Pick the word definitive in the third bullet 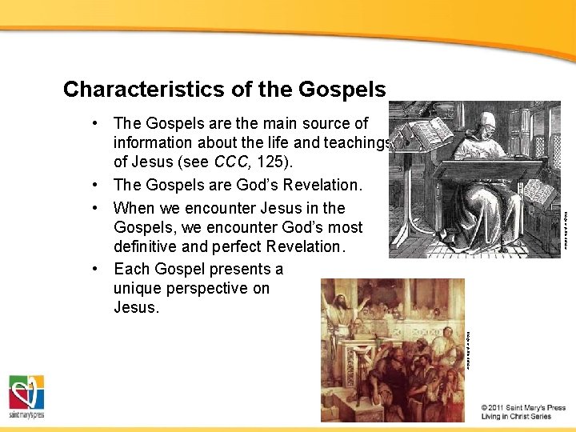[x=150, y=246]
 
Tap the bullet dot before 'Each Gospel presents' [x=95, y=269]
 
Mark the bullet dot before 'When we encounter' [x=95, y=208]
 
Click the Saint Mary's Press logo [x=26, y=396]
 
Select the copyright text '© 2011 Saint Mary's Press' [x=523, y=407]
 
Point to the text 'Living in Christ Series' [x=516, y=417]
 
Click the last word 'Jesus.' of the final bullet [x=136, y=308]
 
